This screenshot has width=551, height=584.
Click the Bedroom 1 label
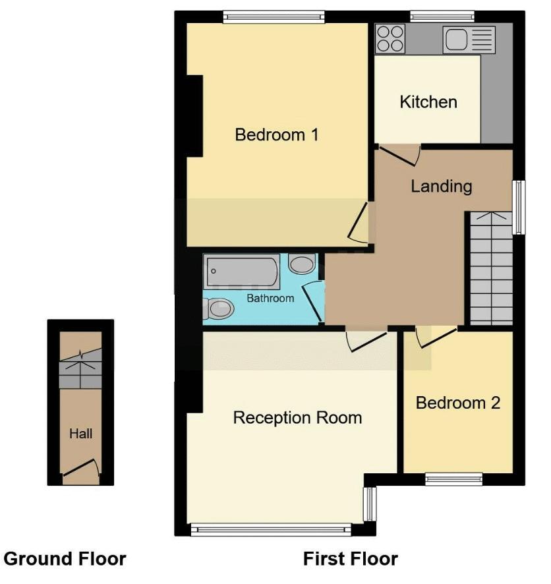point(277,135)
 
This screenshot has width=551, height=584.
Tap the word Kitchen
point(428,102)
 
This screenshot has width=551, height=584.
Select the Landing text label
point(441,186)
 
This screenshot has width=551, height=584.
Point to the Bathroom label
point(270,299)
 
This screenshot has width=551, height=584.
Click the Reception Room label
point(297,418)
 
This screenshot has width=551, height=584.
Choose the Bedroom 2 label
point(457,403)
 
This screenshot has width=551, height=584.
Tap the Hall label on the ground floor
point(80,434)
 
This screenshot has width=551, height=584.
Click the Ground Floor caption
point(65,559)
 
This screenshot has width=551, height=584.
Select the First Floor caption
point(350,559)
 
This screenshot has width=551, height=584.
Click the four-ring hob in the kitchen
point(391,38)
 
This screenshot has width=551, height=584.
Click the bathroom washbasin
point(303,265)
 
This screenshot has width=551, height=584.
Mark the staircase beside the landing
point(491,270)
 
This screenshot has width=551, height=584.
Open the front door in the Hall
point(80,468)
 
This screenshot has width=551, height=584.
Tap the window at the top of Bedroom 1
point(274,17)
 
